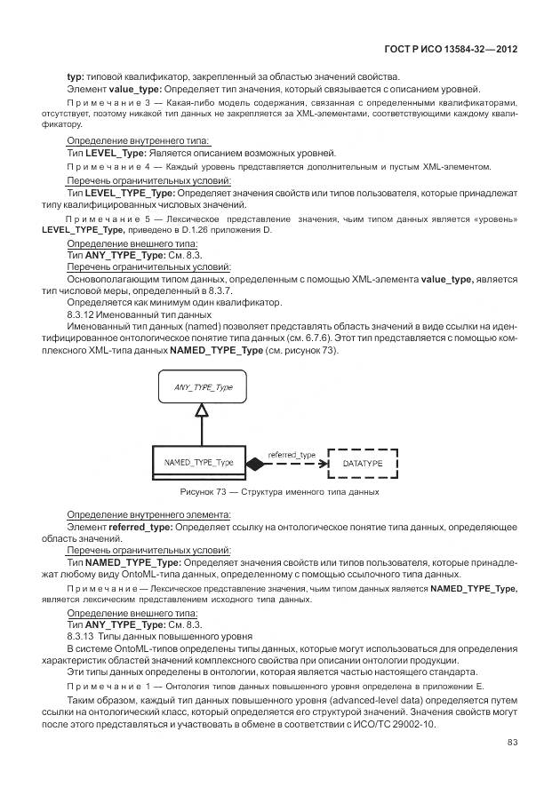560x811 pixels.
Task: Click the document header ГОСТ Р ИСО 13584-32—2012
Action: point(451,51)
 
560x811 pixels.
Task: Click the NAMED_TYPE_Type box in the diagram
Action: point(199,463)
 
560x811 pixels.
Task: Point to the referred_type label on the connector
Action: point(292,455)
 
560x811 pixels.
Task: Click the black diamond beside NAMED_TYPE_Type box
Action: point(256,464)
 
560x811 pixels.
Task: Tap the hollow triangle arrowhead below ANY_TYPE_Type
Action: point(202,410)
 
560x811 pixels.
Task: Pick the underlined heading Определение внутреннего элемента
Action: point(148,514)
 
